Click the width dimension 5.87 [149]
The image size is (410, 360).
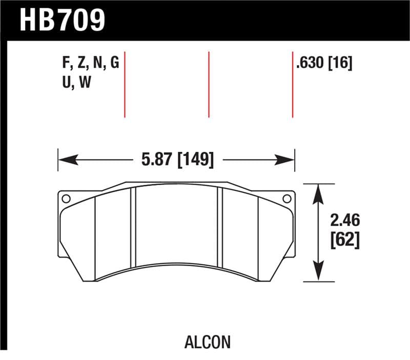pyautogui.click(x=177, y=159)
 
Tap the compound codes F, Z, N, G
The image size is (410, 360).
pyautogui.click(x=90, y=64)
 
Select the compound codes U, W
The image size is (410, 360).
pyautogui.click(x=76, y=82)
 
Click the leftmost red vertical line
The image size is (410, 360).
pyautogui.click(x=125, y=84)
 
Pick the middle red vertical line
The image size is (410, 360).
pyautogui.click(x=209, y=84)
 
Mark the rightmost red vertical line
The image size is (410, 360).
pyautogui.click(x=293, y=84)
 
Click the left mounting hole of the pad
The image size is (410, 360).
pyautogui.click(x=65, y=198)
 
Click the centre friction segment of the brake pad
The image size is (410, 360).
pyautogui.click(x=177, y=226)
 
